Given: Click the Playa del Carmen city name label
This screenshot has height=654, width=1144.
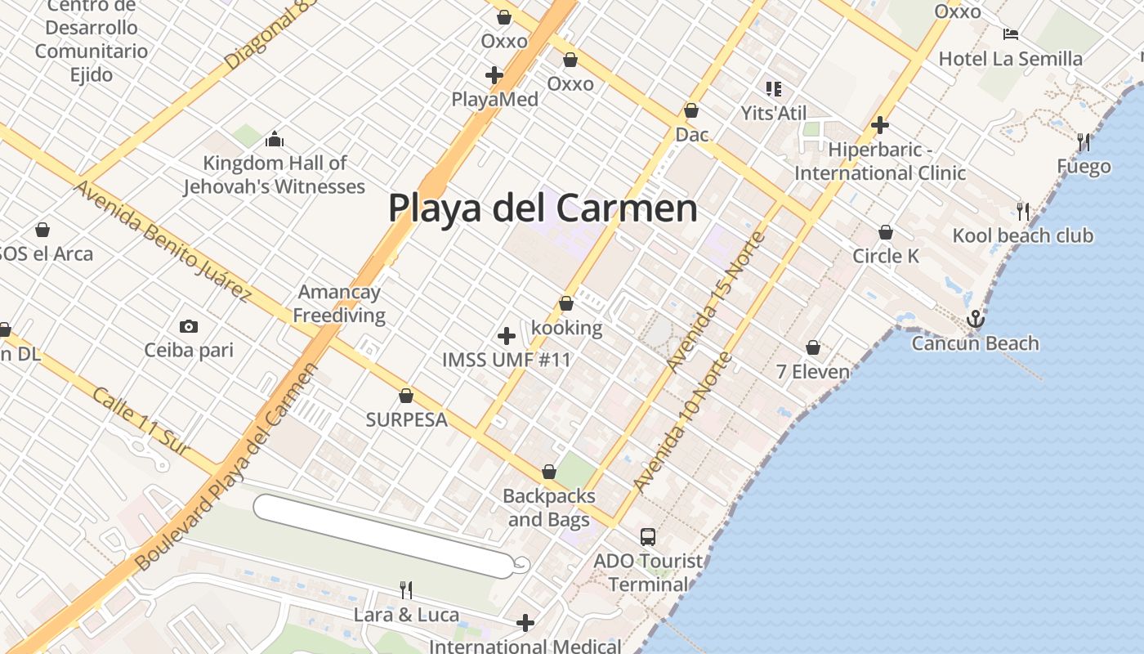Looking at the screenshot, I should [543, 208].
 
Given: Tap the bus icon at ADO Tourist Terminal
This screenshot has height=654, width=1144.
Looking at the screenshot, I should [648, 537].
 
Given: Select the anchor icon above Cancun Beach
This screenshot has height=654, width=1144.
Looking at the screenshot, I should [975, 319].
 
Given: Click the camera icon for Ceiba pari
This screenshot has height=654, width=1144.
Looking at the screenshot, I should [189, 327].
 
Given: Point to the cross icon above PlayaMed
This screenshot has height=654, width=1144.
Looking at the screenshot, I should [494, 75].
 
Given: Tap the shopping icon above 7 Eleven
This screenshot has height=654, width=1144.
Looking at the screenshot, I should [813, 347].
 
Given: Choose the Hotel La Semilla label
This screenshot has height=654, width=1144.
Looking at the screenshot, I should [1010, 59].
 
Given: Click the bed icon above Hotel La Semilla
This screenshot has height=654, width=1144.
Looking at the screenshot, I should [1011, 34].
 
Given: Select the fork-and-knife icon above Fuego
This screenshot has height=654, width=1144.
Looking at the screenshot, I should [1084, 142].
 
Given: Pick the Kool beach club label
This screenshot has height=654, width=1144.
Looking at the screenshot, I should [1022, 236].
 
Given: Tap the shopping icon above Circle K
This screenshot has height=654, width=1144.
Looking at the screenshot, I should [886, 232].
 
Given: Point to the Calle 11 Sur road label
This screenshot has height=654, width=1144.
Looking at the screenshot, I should [141, 422].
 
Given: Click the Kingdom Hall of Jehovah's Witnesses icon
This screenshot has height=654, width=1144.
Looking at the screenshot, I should [275, 139].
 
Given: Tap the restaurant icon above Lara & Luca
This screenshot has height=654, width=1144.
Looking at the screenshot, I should [405, 589].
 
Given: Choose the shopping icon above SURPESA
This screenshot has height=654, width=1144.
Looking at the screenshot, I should [406, 396].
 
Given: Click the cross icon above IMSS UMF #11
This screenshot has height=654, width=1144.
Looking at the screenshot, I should [507, 335].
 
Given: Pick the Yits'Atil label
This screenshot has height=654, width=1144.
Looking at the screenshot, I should [773, 113].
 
